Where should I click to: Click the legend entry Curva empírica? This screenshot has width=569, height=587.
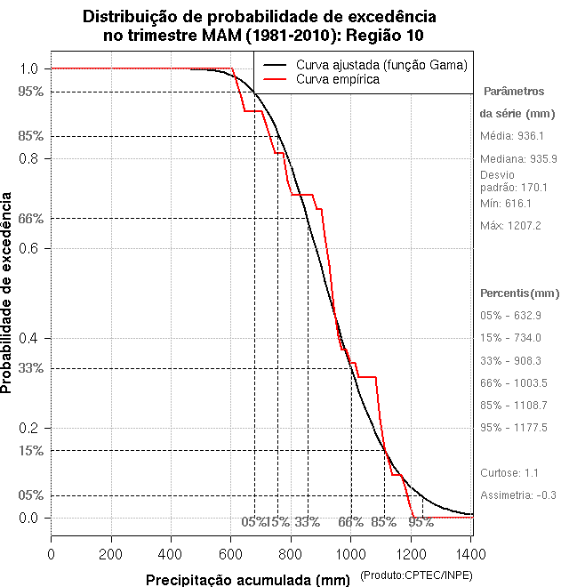[x=337, y=79]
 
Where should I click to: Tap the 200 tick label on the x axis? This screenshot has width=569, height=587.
[x=111, y=553]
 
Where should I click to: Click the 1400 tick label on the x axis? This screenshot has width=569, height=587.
[x=470, y=553]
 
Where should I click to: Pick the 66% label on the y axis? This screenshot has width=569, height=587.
[x=31, y=218]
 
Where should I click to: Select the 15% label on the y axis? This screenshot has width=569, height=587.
[x=31, y=451]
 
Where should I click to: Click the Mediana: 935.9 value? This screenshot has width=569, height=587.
[x=518, y=158]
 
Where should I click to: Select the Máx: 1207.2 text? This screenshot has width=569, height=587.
[x=510, y=225]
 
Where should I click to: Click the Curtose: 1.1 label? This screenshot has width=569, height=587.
[x=509, y=472]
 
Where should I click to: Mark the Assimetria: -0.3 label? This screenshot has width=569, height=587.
[x=517, y=495]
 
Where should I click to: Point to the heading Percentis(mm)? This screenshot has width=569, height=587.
[x=519, y=293]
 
